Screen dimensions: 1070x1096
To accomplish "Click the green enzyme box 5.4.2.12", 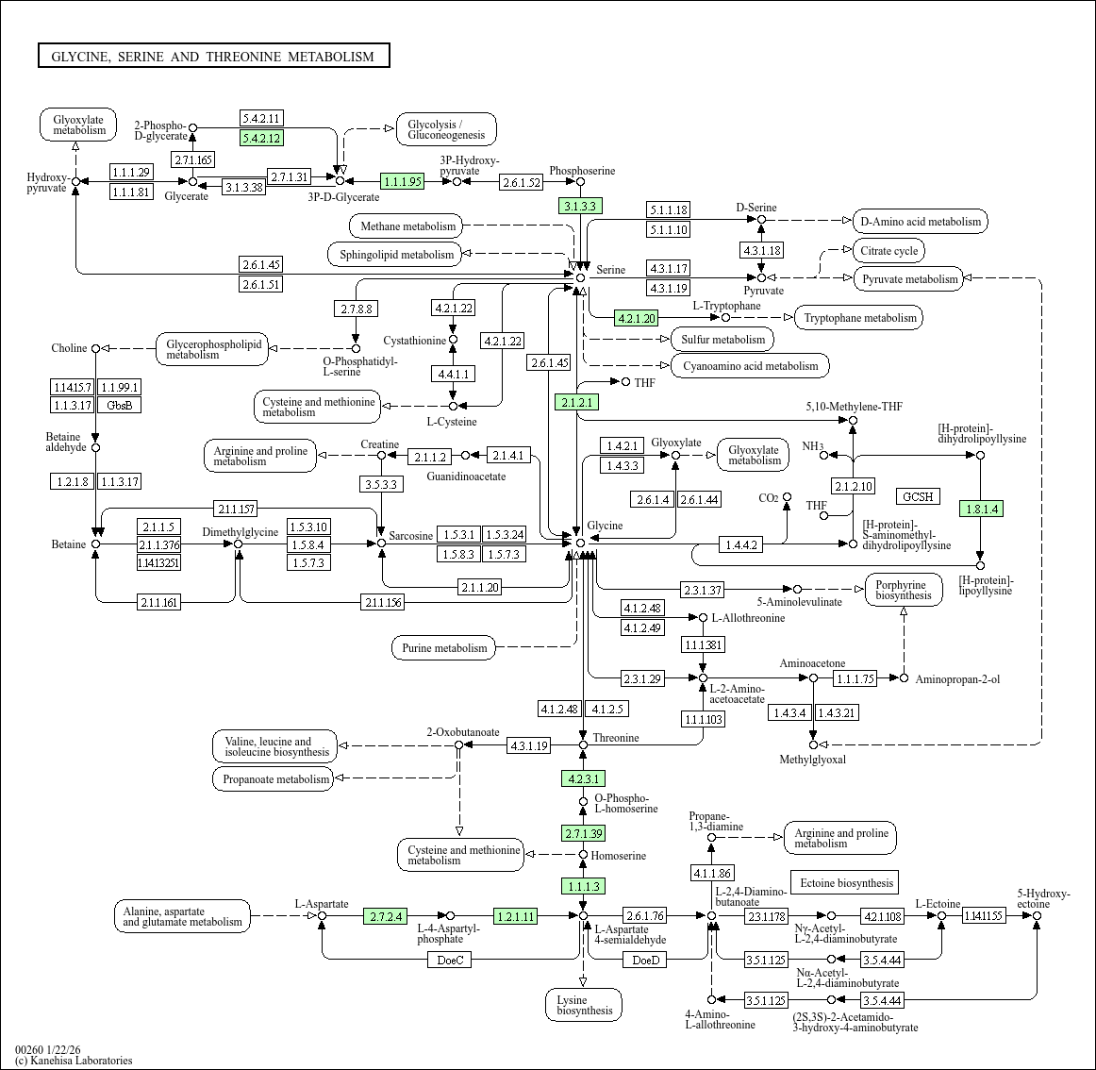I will pos(261,138).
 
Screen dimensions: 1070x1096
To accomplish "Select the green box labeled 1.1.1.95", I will pos(403,181).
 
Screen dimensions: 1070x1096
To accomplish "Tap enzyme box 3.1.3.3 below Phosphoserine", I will pos(580,206).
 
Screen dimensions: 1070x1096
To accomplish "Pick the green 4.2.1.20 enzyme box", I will pos(636,318).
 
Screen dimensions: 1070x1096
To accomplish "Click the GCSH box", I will pos(917,496).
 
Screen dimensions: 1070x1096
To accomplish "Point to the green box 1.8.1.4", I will pos(980,509).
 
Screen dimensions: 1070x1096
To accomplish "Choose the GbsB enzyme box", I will pos(120,405).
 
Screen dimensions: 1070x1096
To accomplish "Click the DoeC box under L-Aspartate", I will pos(450,960).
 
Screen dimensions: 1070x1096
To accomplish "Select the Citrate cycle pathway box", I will pos(888,251).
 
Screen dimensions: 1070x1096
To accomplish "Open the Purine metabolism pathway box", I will pos(444,648).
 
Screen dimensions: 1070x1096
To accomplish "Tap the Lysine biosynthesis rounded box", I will pos(584,1005).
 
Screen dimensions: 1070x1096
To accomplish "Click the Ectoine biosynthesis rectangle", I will pos(845,883).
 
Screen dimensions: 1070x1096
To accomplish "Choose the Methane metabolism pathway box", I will pos(407,226).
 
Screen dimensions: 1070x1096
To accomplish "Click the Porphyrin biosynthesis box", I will pos(903,590).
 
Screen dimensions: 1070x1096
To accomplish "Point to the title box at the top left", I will pos(213,57).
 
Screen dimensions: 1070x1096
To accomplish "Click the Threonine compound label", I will pos(616,738).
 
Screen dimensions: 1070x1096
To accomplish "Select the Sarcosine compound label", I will pos(411,536).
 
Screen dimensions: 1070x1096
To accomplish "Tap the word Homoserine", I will pos(619,856).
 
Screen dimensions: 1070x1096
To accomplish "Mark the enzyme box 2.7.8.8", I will pos(356,309).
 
